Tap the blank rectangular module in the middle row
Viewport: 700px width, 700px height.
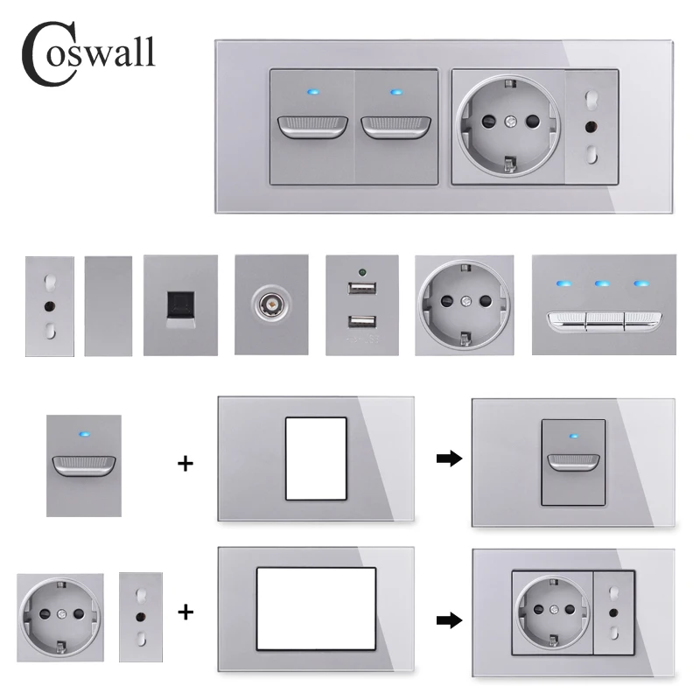click(108, 306)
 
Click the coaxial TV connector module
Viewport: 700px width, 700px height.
click(269, 307)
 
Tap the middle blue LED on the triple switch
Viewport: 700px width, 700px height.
click(603, 284)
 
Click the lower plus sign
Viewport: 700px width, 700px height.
click(185, 613)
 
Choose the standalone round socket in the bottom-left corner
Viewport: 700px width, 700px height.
click(59, 617)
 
